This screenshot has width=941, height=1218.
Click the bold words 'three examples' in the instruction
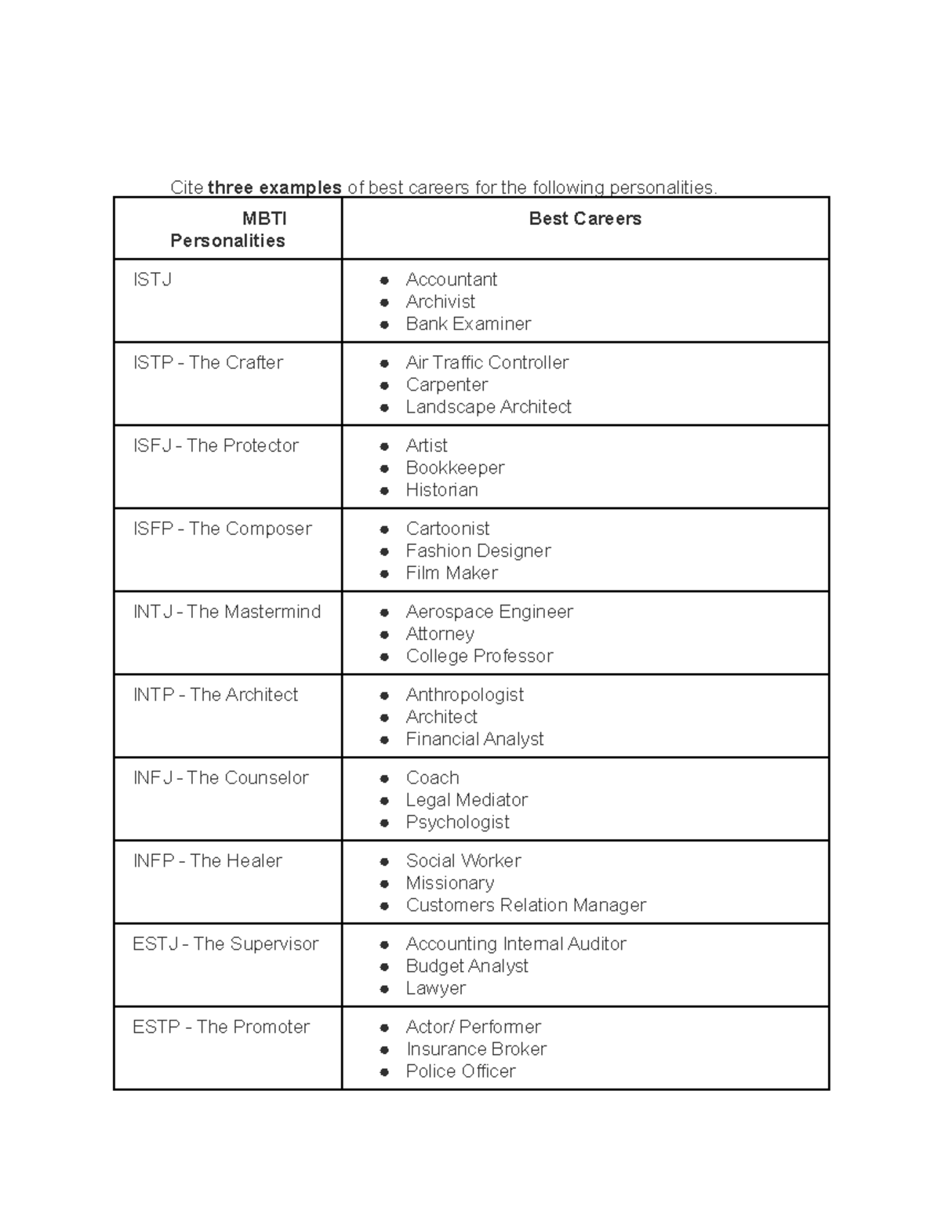tap(274, 187)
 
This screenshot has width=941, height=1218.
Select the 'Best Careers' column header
tap(585, 219)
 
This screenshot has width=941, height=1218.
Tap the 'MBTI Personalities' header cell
tap(227, 229)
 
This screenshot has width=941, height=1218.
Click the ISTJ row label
tap(152, 279)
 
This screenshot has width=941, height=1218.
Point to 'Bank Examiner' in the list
tap(468, 323)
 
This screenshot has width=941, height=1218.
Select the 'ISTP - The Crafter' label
tap(208, 362)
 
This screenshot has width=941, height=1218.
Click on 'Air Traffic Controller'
tap(487, 362)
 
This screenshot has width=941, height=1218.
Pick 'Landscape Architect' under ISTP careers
tap(488, 406)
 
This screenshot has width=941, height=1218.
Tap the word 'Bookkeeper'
tap(455, 467)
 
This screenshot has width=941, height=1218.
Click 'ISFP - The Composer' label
tap(222, 529)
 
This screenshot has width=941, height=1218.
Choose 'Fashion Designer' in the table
tap(478, 551)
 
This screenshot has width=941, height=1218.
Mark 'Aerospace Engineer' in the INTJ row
tap(489, 612)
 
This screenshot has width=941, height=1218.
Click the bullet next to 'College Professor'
tap(384, 657)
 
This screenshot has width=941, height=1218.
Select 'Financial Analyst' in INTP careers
tap(474, 739)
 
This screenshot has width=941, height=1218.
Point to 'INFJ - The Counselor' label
tap(220, 777)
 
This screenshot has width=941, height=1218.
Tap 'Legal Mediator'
tap(467, 800)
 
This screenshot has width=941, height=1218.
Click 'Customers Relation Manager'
tap(525, 905)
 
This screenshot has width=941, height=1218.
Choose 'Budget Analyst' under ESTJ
tap(467, 965)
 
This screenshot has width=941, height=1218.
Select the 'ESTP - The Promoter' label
tap(221, 1027)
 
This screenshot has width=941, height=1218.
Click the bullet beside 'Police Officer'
tap(384, 1072)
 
